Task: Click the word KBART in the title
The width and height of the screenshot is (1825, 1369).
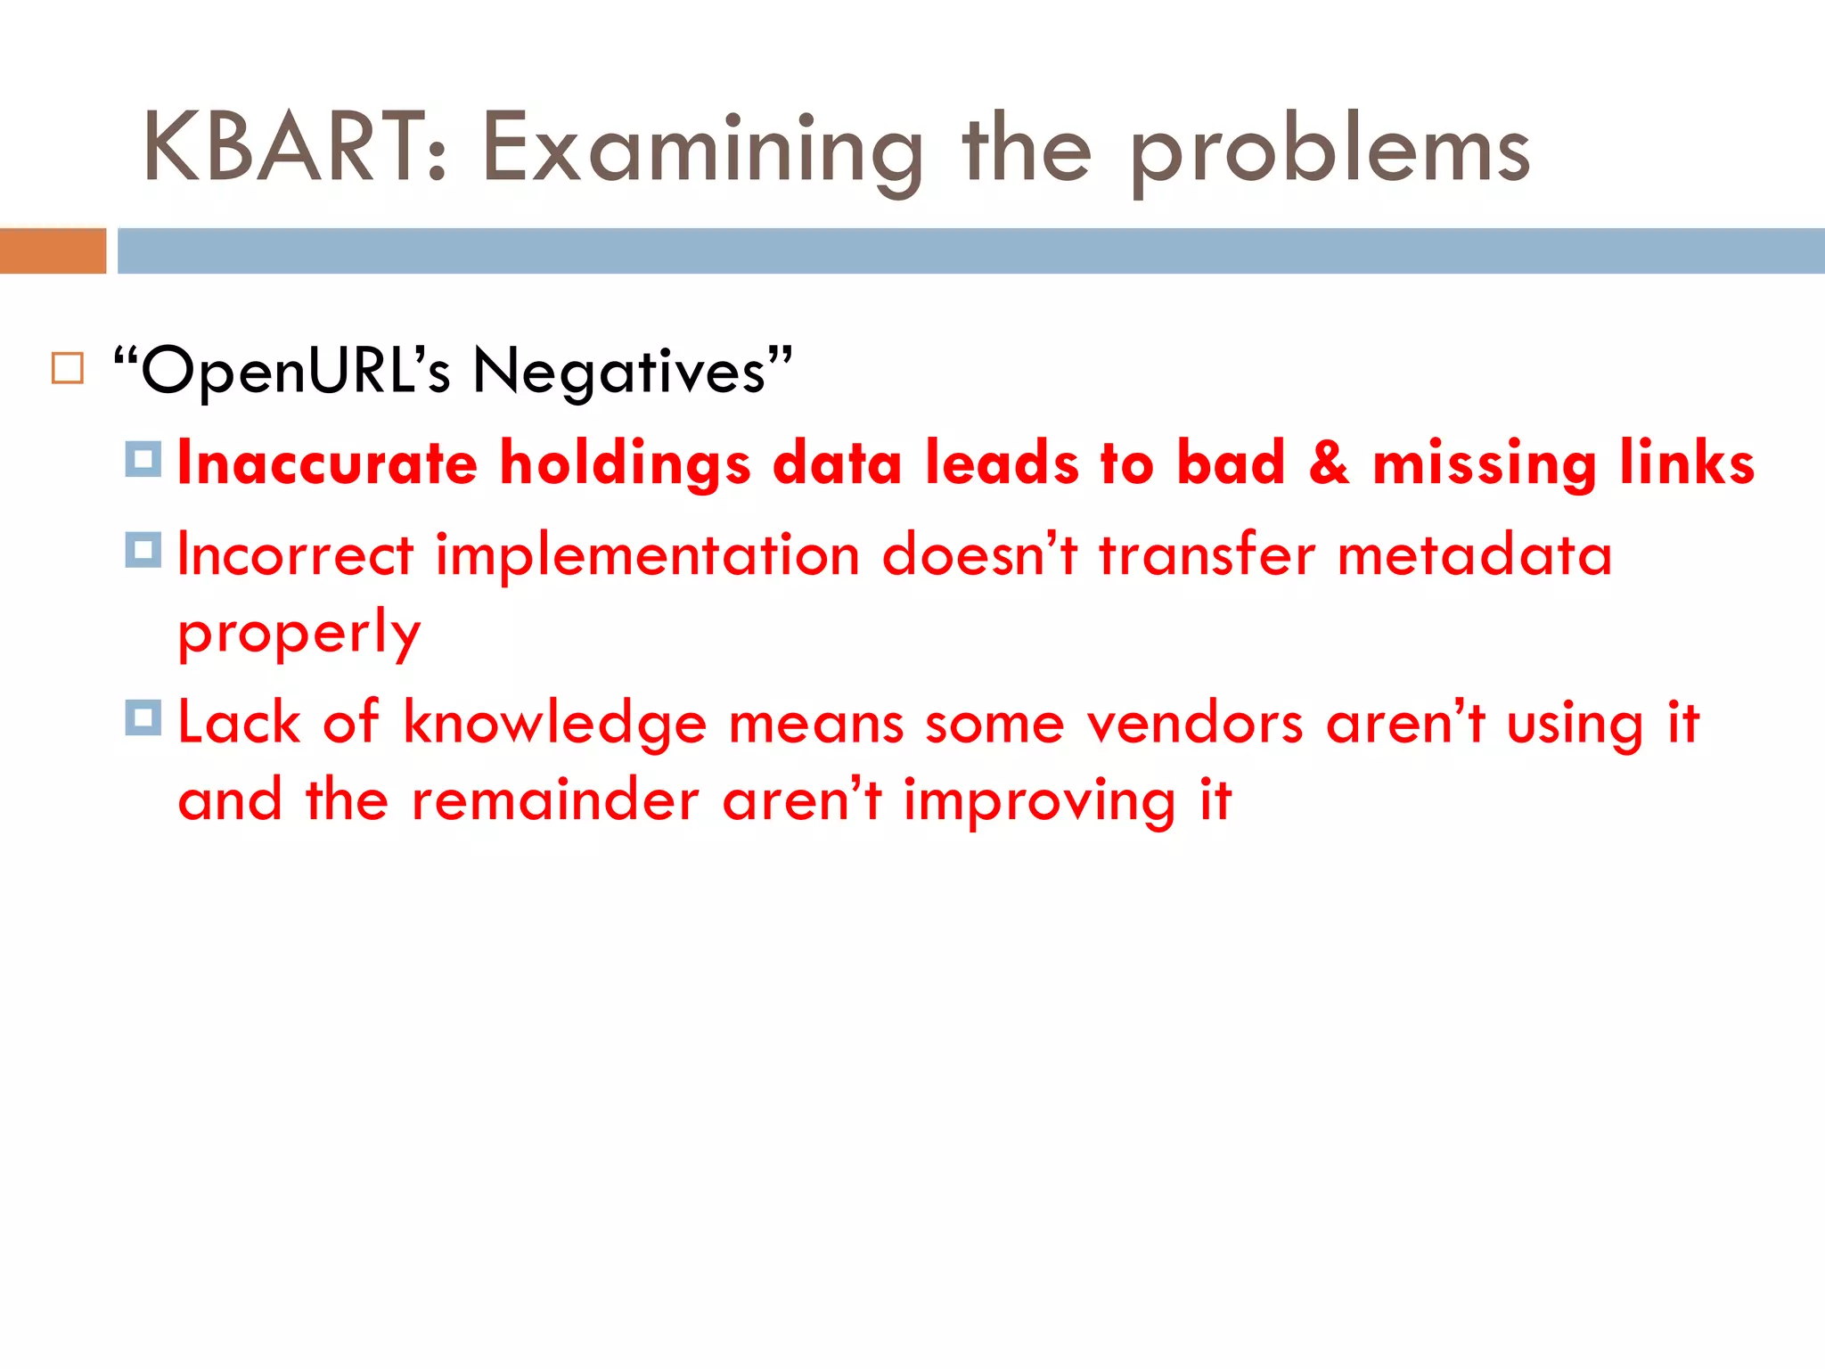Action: point(283,148)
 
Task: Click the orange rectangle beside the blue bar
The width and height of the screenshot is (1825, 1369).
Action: point(53,250)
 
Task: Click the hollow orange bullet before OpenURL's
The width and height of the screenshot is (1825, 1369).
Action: point(68,368)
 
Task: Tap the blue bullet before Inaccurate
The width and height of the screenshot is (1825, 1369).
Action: point(143,459)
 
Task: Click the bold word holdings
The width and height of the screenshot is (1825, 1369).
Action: point(626,464)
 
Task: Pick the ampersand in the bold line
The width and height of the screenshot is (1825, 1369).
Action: point(1328,463)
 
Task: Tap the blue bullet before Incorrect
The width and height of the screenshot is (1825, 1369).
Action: point(143,550)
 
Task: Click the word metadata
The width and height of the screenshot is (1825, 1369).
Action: point(1475,554)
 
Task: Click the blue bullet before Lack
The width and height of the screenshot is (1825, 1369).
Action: point(143,717)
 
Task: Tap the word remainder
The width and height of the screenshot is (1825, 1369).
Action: point(554,799)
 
